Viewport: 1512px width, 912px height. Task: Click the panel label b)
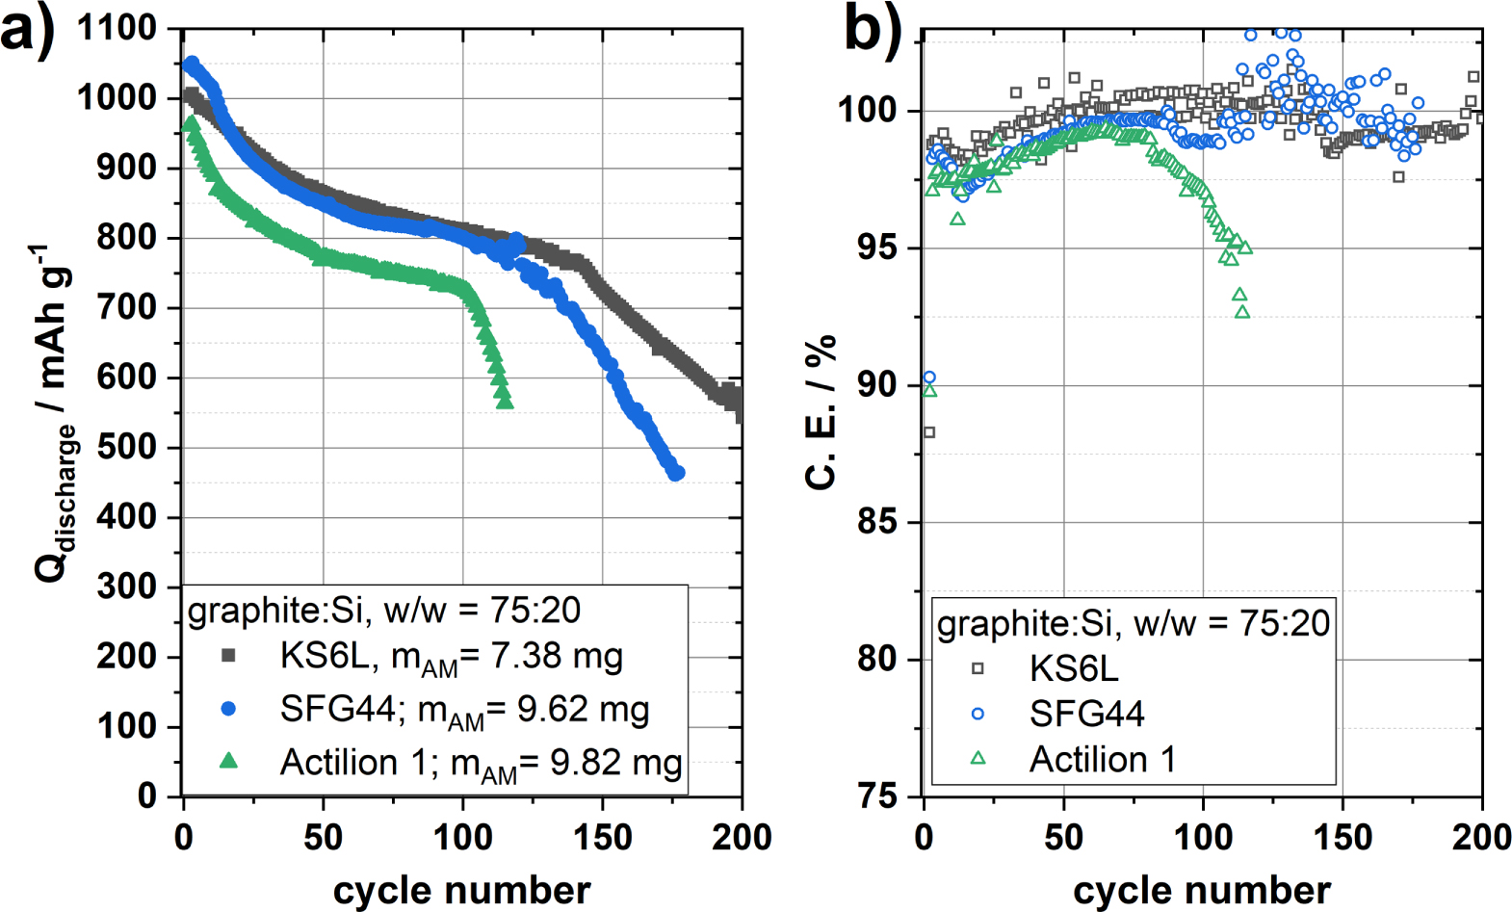(873, 29)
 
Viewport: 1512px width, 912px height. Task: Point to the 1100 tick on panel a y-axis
(116, 29)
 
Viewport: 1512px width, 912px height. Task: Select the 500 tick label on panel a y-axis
(126, 448)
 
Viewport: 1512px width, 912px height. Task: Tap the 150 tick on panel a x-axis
(603, 837)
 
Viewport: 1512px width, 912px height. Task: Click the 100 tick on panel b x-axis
(1203, 837)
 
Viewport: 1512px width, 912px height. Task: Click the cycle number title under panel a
(461, 890)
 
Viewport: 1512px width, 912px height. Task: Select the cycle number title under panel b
(1202, 890)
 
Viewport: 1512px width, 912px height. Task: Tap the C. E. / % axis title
(821, 412)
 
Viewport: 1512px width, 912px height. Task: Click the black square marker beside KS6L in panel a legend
(228, 656)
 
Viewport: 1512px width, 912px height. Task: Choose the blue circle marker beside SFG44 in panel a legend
(228, 709)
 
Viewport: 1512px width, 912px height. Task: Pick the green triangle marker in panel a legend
(228, 761)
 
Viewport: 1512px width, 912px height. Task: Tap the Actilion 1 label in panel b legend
(1103, 759)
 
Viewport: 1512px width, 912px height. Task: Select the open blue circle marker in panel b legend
(978, 714)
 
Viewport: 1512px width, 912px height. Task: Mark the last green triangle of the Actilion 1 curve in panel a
(505, 402)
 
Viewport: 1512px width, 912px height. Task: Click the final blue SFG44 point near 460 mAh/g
(677, 473)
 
